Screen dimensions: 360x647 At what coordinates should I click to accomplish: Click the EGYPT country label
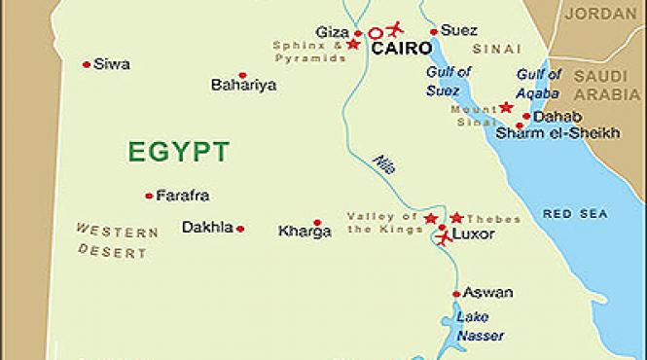click(x=178, y=151)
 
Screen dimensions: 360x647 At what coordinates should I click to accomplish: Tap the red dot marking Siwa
click(x=87, y=64)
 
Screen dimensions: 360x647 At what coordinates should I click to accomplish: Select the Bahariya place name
click(x=243, y=85)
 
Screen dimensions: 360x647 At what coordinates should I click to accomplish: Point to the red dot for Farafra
click(x=149, y=196)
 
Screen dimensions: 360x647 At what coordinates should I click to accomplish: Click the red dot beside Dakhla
click(x=240, y=229)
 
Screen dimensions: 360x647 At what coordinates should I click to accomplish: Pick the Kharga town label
click(x=305, y=232)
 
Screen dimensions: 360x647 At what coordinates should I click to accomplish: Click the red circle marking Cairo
click(x=375, y=32)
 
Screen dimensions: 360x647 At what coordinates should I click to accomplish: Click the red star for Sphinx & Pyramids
click(x=352, y=45)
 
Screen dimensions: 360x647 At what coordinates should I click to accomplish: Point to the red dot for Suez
click(x=433, y=31)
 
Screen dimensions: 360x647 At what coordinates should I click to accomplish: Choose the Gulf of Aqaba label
click(x=538, y=83)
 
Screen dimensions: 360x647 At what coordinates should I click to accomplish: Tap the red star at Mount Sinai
click(x=506, y=107)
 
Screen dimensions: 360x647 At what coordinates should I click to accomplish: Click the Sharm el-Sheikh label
click(x=557, y=133)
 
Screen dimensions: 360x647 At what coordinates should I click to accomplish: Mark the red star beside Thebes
click(x=456, y=217)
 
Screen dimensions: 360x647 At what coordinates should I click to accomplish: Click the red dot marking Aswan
click(x=456, y=294)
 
